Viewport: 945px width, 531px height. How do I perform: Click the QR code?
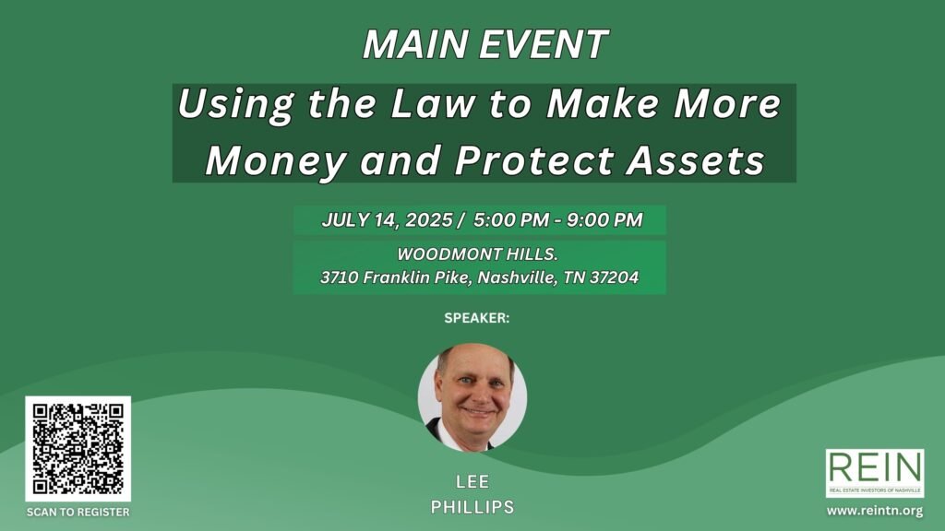78,449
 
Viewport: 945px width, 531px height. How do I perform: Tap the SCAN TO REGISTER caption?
78,513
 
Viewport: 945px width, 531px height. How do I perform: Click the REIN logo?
875,473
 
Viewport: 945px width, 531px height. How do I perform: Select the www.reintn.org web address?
875,511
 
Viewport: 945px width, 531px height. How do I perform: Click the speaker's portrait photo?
472,397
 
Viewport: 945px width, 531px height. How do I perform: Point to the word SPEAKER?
477,318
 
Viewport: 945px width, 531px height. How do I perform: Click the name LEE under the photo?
472,481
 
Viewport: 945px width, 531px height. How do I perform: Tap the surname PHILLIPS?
472,507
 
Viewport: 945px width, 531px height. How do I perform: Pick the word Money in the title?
276,160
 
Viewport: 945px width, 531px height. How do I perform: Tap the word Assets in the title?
696,160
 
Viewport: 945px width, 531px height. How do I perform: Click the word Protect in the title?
534,160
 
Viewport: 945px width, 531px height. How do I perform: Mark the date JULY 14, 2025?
387,219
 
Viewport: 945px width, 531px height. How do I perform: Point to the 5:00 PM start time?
511,219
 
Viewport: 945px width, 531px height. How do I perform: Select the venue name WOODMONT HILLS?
477,254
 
